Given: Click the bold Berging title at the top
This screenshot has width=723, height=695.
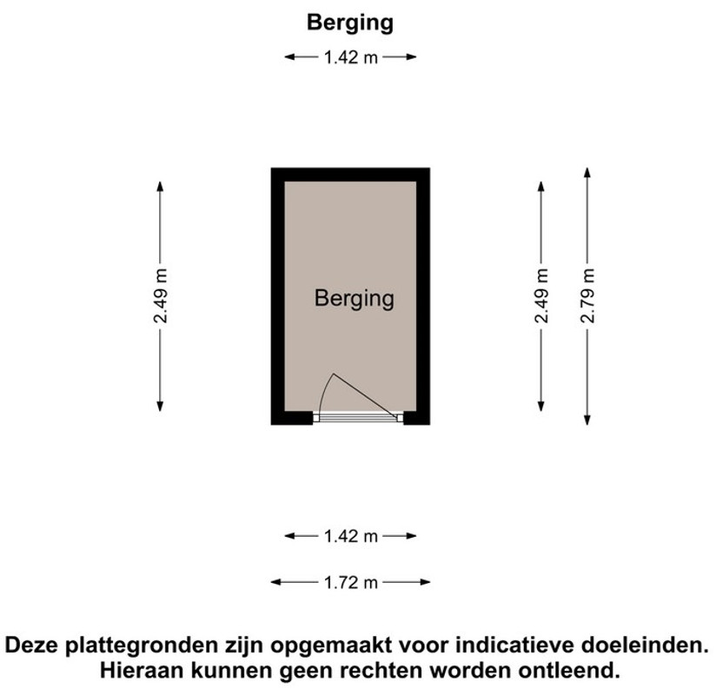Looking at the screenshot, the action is coord(350,23).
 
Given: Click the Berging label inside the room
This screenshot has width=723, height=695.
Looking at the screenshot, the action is coord(355,299).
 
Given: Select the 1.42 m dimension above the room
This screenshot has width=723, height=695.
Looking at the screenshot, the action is coord(351,57).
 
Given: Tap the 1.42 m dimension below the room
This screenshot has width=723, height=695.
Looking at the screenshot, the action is coord(351,537).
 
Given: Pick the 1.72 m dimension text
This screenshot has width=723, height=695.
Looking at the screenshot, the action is coord(351,583).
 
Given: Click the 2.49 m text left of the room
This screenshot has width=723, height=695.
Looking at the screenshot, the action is coord(161,295).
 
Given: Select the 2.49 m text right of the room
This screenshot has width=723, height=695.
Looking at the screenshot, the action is coord(541,295).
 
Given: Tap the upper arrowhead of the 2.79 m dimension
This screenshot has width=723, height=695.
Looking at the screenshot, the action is coord(587,172).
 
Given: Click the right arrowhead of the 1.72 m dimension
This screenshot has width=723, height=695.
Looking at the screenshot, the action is coord(425,582).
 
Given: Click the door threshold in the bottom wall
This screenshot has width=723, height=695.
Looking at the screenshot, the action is coord(358,418).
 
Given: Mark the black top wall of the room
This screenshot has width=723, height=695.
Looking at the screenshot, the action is coord(350,175).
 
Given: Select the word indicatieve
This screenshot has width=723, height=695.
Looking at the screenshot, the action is coord(514,645).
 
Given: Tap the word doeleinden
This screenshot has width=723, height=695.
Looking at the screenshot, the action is coord(644,645).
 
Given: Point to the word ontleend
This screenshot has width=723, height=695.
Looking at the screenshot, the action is coord(569,671).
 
